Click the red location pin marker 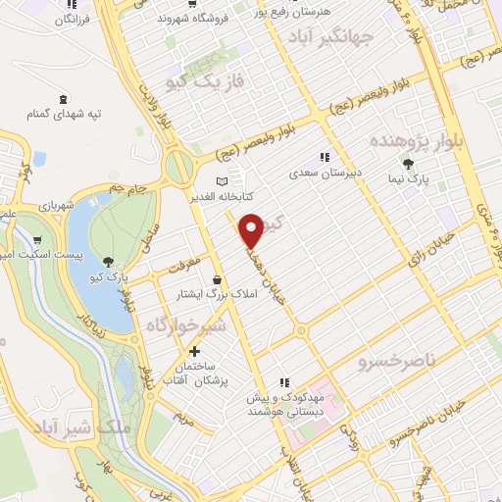tap(253, 229)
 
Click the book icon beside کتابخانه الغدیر tap(223, 181)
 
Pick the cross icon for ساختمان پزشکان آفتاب tap(194, 351)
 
